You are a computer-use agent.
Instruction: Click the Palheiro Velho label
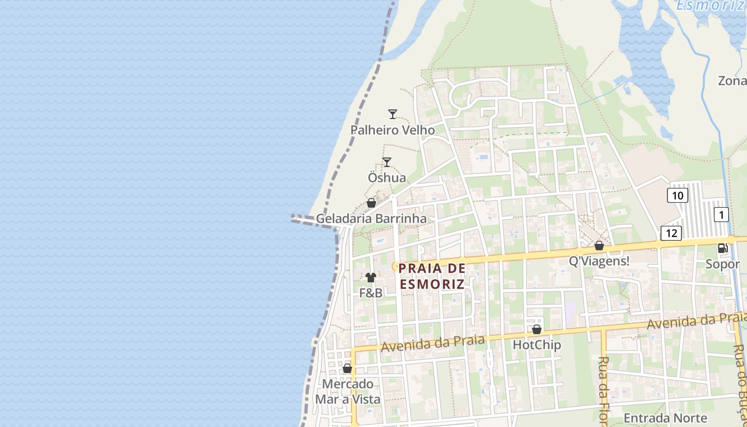pos(392,130)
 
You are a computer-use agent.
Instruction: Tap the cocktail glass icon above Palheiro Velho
pos(393,114)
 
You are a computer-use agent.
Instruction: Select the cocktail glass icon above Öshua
pos(387,162)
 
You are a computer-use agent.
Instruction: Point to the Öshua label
pos(387,178)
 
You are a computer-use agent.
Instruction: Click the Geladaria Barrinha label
pos(371,219)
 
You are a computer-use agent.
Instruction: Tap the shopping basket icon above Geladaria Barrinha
pos(371,203)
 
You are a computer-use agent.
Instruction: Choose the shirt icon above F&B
pos(371,278)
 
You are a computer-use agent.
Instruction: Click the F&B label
pos(371,293)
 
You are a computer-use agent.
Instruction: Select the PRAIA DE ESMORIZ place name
pos(432,276)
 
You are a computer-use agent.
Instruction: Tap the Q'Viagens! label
pos(599,262)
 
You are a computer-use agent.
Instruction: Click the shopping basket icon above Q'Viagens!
pos(599,246)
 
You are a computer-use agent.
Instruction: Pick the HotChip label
pos(537,345)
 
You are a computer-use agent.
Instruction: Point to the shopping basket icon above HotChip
pos(537,329)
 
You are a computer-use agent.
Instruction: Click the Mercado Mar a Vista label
pos(348,392)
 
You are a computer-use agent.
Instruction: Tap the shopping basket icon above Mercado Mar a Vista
pos(347,368)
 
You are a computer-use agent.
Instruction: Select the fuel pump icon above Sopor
pos(723,248)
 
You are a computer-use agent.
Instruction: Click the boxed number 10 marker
pos(677,195)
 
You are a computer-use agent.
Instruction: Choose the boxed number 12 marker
pos(671,233)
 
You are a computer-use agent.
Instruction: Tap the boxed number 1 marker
pos(721,215)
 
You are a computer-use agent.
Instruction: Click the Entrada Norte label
pos(665,418)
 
